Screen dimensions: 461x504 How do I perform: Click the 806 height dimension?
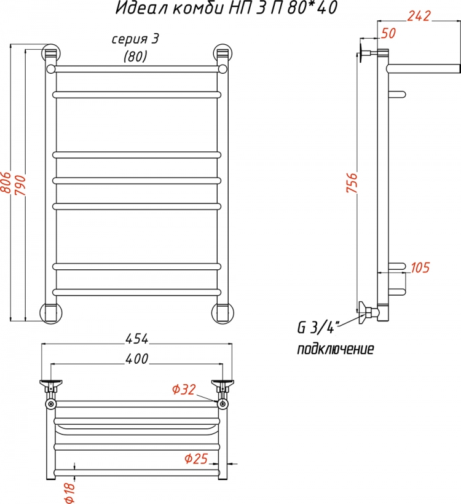tap(6, 183)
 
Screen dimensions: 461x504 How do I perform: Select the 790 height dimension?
tap(20, 185)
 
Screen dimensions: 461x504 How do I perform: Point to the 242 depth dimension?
tap(419, 15)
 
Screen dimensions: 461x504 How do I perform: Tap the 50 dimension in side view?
tap(388, 33)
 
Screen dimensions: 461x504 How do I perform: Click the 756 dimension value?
tap(352, 183)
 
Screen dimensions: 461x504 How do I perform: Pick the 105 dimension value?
tap(420, 267)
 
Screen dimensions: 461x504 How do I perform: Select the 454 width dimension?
tap(136, 339)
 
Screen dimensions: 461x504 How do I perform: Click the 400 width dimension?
tap(137, 359)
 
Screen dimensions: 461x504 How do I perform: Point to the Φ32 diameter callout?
tap(184, 390)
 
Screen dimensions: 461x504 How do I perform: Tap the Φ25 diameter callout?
tap(196, 459)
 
